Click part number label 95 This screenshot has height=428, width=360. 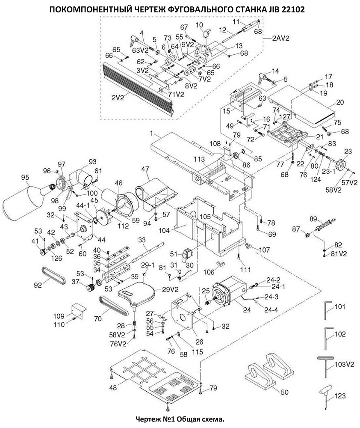click(25, 178)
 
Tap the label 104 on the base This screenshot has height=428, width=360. click(165, 230)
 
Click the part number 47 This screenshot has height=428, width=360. click(145, 169)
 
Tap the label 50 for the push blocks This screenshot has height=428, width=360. click(284, 392)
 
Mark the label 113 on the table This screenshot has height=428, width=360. click(200, 159)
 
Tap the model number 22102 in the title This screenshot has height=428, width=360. click(292, 10)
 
